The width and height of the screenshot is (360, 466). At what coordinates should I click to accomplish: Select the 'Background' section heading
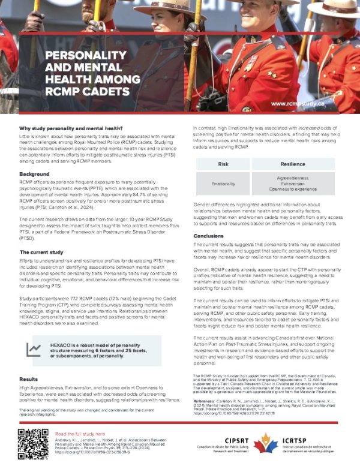(34, 174)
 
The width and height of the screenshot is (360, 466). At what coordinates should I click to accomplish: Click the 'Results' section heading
(29, 380)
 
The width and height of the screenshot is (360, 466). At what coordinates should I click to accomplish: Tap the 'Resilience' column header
(293, 163)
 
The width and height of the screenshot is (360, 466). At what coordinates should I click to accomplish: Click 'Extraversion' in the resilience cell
(293, 184)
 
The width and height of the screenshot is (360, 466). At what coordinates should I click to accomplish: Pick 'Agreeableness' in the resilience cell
(293, 178)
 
